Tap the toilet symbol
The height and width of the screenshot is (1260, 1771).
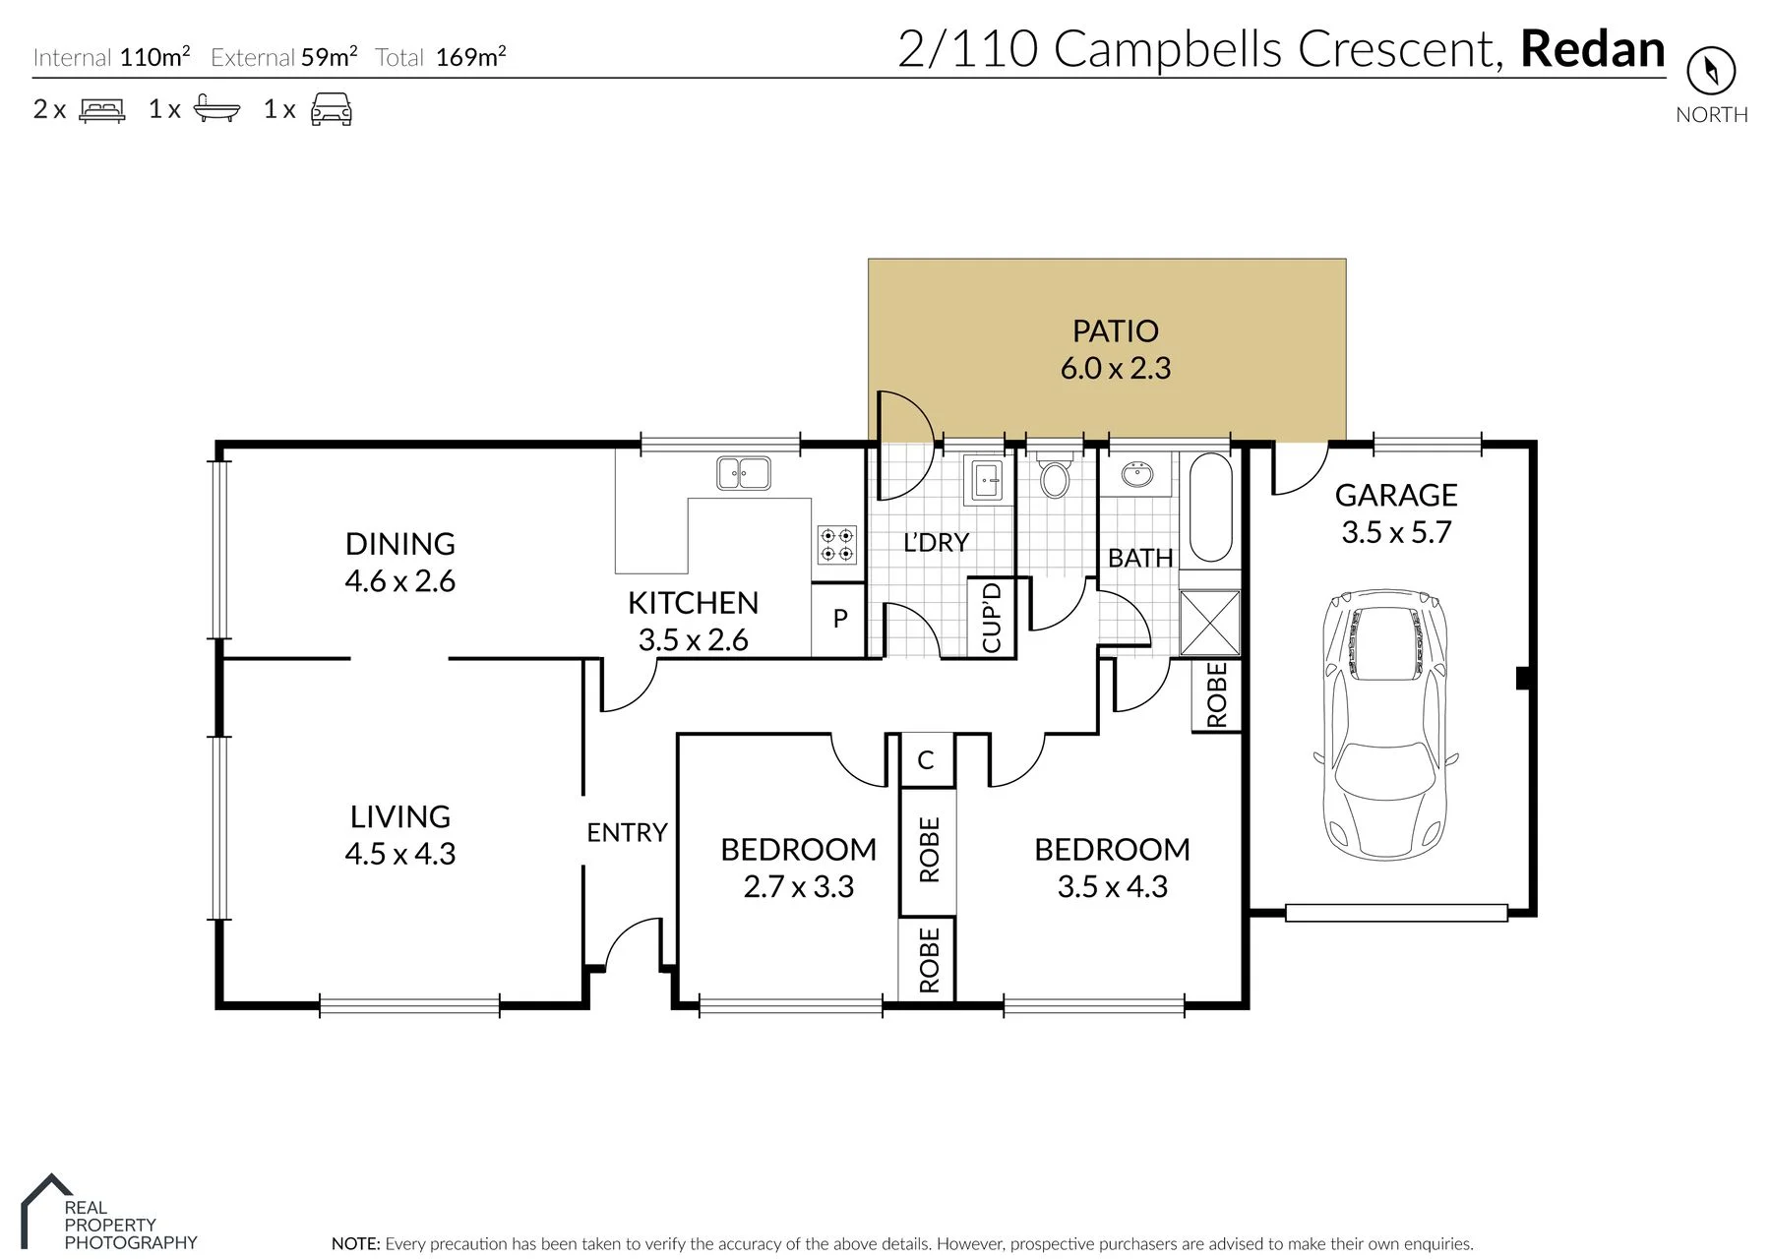[x=1055, y=476]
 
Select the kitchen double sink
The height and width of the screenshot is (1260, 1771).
[x=744, y=473]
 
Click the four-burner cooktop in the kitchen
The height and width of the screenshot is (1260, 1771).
[x=837, y=545]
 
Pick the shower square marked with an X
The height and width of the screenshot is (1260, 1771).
[x=1209, y=622]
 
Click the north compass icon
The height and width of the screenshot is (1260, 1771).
[x=1711, y=70]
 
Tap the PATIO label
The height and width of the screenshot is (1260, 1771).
[x=1115, y=330]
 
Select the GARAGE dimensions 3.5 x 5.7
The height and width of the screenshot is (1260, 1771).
[x=1396, y=532]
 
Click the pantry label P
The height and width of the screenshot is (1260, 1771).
[x=840, y=618]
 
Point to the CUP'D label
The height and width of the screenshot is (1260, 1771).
[x=992, y=617]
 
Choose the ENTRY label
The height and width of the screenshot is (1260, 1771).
[x=627, y=832]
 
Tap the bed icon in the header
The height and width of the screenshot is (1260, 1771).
[x=102, y=109]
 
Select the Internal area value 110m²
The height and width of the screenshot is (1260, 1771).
[x=155, y=56]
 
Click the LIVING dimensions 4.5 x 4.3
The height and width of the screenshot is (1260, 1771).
[x=399, y=854]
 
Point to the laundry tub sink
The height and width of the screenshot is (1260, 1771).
[x=987, y=481]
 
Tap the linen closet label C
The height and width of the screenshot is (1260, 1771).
[x=925, y=759]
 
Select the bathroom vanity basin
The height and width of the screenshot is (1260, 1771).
[x=1138, y=475]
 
